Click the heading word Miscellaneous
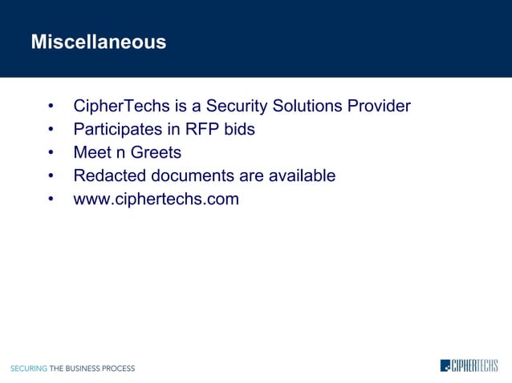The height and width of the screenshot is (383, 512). tap(98, 42)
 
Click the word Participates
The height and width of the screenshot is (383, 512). tap(120, 129)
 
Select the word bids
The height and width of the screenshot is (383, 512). tap(239, 129)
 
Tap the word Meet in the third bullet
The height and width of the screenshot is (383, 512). tap(92, 152)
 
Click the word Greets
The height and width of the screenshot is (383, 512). tap(156, 152)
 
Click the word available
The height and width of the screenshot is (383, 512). tap(300, 175)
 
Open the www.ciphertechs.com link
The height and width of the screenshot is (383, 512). tap(156, 199)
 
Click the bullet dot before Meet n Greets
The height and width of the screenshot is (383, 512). tap(51, 153)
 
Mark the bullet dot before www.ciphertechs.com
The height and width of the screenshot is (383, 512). tap(51, 200)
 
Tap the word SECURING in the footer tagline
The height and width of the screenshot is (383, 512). tap(28, 369)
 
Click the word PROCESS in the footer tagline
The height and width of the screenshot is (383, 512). tap(120, 369)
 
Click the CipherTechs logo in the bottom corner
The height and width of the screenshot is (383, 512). tap(469, 366)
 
